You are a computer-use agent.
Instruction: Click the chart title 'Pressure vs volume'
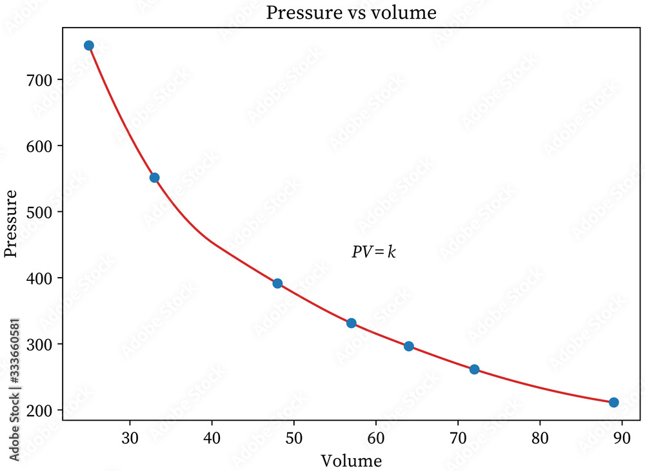click(352, 14)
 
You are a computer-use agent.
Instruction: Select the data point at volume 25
click(89, 45)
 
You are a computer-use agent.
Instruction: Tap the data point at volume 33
click(155, 178)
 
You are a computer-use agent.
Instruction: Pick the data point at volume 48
click(277, 284)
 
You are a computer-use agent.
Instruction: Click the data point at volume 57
click(352, 323)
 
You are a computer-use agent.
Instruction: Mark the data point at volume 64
click(409, 346)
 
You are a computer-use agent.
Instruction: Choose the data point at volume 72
click(474, 369)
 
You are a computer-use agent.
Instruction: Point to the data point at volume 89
click(614, 402)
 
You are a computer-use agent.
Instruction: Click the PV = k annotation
click(373, 252)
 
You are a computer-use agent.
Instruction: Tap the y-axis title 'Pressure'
click(11, 223)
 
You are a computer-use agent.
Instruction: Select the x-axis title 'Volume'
click(352, 461)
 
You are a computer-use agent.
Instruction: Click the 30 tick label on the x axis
click(130, 439)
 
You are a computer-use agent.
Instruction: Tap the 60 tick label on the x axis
click(376, 439)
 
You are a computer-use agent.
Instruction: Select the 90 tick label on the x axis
click(622, 439)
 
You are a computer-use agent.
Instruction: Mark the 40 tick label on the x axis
click(212, 439)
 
